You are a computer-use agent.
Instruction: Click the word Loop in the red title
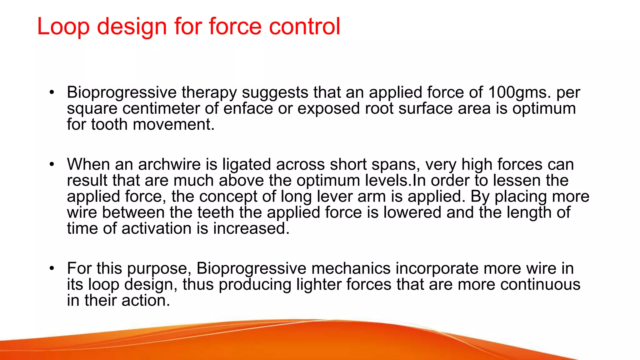[63, 27]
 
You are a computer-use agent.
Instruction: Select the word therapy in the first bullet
[209, 92]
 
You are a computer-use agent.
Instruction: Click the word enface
[248, 108]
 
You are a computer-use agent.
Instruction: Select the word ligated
[246, 164]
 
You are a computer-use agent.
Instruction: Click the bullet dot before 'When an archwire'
[52, 164]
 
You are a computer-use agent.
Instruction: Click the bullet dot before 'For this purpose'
[52, 268]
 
